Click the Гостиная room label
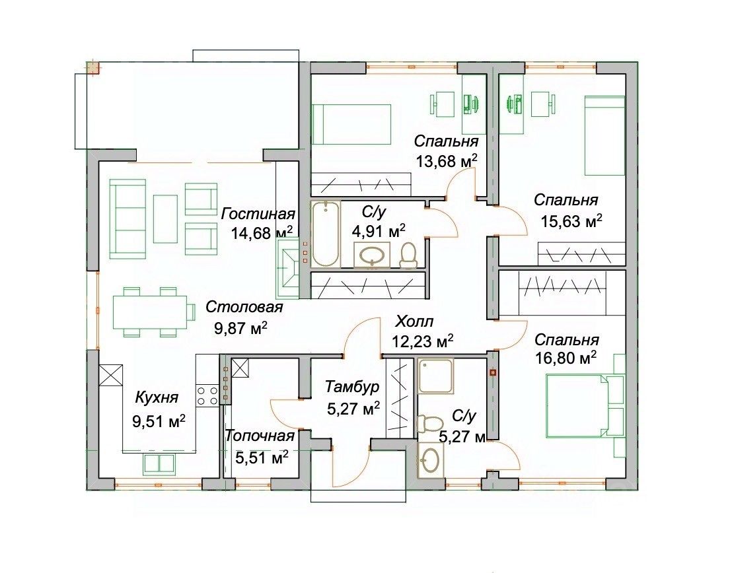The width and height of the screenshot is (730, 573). tap(258, 214)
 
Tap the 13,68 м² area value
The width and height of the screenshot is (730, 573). tap(447, 161)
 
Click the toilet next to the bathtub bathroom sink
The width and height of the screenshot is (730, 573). tap(408, 255)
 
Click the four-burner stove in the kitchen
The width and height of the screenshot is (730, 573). tap(207, 395)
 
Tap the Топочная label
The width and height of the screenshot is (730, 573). tap(260, 436)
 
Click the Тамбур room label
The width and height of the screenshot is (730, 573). tap(352, 386)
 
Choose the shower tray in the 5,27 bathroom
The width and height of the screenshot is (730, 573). tap(435, 376)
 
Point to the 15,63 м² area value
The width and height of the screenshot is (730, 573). tap(571, 220)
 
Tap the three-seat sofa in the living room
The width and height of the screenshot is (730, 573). tap(128, 219)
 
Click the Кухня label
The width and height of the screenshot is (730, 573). tap(157, 398)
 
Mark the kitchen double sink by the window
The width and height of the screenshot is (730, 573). tap(159, 463)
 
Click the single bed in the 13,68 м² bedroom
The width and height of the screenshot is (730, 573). tap(351, 123)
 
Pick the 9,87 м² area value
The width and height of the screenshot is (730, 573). tap(240, 328)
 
